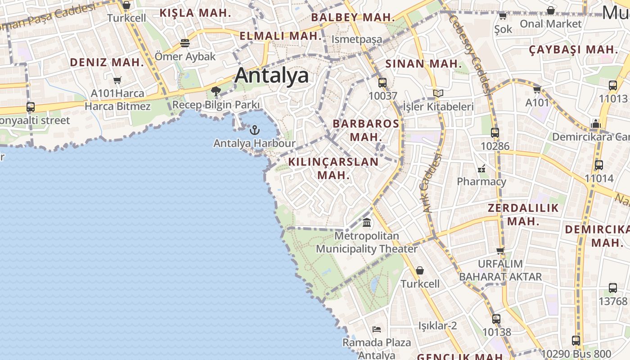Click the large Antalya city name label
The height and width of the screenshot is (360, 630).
coord(271,76)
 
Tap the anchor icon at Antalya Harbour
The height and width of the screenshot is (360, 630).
coord(255,130)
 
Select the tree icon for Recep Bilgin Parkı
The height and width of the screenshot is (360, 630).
coord(216,92)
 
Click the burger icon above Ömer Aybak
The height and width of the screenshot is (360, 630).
coord(184,43)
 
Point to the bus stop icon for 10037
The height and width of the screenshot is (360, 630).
coord(382,83)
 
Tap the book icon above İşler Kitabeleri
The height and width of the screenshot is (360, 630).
coord(438,94)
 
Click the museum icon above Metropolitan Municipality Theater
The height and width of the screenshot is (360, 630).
coord(367,223)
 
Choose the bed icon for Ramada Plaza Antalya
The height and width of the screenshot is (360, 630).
coord(377,329)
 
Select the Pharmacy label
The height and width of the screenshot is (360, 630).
coord(481,182)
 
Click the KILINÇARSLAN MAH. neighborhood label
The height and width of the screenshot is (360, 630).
coord(333,168)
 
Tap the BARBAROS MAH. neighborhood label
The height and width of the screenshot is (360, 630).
coord(365,130)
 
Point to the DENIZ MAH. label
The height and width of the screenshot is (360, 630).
coord(107,63)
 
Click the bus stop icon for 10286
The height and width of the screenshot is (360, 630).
coord(495,133)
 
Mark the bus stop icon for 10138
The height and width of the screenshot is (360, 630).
coord(496,319)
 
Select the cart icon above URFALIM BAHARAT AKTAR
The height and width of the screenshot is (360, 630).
coord(500,251)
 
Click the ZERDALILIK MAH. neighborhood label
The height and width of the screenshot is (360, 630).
coord(523,215)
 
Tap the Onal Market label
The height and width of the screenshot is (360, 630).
coord(550,24)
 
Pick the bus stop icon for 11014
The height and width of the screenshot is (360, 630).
coord(598,165)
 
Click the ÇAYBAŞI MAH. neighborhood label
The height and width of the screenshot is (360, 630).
coord(573,49)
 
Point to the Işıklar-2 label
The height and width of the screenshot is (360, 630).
coord(437,325)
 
